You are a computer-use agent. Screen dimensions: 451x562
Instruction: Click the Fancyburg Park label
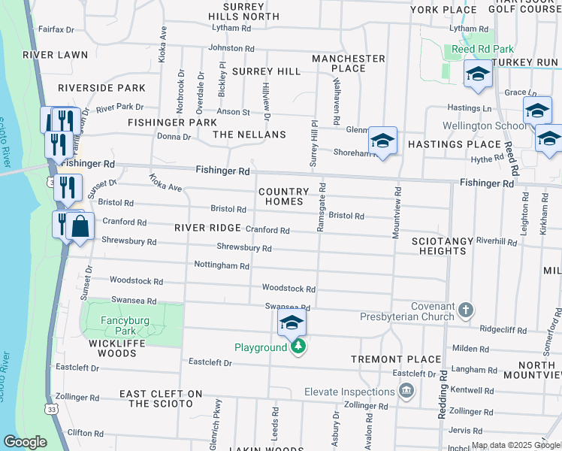pyautogui.click(x=125, y=325)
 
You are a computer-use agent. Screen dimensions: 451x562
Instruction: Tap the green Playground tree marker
pyautogui.click(x=298, y=347)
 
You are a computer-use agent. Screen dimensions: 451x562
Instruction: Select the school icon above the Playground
pyautogui.click(x=292, y=324)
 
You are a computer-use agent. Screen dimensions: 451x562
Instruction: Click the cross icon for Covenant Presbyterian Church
pyautogui.click(x=465, y=310)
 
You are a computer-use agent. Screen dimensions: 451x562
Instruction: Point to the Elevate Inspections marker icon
pyautogui.click(x=406, y=391)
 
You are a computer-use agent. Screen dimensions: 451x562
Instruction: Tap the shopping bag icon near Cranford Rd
pyautogui.click(x=80, y=226)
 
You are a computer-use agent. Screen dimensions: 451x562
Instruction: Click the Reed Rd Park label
pyautogui.click(x=473, y=50)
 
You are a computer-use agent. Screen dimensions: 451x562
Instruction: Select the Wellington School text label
pyautogui.click(x=485, y=126)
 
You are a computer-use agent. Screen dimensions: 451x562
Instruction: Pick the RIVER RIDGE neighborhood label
pyautogui.click(x=207, y=228)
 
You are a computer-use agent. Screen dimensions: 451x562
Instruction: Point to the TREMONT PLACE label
pyautogui.click(x=400, y=359)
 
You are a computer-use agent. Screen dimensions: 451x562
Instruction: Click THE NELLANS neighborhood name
pyautogui.click(x=249, y=134)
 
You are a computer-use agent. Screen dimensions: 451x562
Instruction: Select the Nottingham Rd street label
pyautogui.click(x=222, y=266)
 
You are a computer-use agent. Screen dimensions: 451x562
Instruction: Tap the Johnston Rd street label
pyautogui.click(x=231, y=48)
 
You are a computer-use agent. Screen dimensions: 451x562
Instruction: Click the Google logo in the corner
pyautogui.click(x=26, y=441)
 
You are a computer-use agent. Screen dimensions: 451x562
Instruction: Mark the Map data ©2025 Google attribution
pyautogui.click(x=515, y=446)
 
